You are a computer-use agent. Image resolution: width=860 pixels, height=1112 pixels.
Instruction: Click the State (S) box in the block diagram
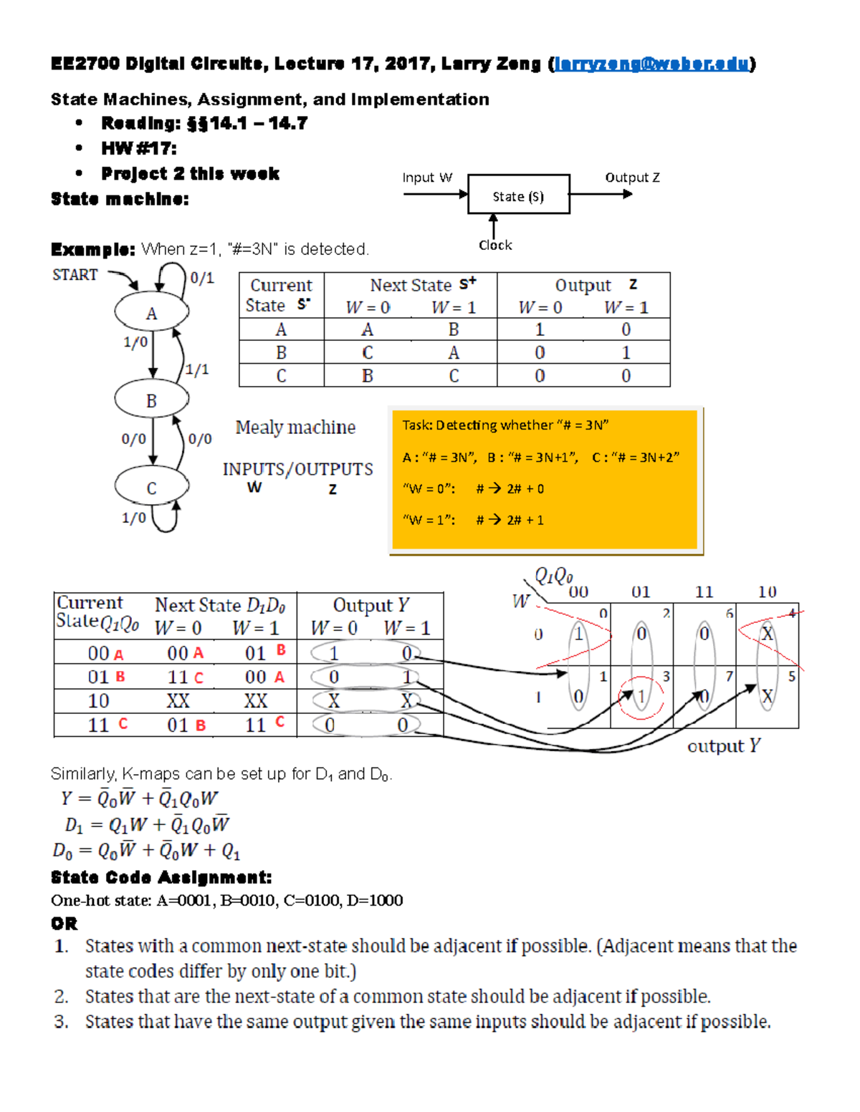(x=518, y=195)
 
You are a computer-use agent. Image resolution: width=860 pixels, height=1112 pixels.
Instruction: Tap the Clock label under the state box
(x=495, y=246)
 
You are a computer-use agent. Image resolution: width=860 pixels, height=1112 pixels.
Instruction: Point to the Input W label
(x=427, y=178)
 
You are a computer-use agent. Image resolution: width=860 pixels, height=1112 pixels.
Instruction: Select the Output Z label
(x=632, y=178)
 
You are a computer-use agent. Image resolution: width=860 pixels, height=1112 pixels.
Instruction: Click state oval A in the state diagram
(x=152, y=313)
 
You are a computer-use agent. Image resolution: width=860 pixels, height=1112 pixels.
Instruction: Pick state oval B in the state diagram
(x=152, y=400)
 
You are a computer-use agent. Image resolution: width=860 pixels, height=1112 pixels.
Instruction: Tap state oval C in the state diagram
(x=152, y=488)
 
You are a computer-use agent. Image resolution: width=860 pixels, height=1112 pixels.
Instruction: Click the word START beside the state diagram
(x=75, y=275)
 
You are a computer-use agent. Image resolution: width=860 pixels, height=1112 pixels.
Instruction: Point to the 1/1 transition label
(x=197, y=369)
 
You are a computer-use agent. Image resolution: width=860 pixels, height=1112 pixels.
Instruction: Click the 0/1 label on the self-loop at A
(x=202, y=278)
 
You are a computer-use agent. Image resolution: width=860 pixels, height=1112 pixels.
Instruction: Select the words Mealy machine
(x=295, y=427)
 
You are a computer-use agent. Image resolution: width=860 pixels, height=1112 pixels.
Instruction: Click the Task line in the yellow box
(x=505, y=425)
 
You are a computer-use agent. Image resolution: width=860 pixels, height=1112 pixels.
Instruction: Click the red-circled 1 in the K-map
(x=641, y=697)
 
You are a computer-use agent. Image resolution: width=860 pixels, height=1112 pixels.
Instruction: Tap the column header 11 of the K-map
(x=704, y=592)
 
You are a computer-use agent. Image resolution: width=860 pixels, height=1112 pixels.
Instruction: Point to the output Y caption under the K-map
(x=723, y=746)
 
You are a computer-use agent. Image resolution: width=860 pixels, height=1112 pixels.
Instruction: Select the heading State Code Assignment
(x=161, y=877)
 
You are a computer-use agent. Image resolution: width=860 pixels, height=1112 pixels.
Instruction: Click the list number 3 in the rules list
(x=62, y=1022)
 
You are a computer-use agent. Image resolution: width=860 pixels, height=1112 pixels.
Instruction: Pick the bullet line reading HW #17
(x=139, y=149)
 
